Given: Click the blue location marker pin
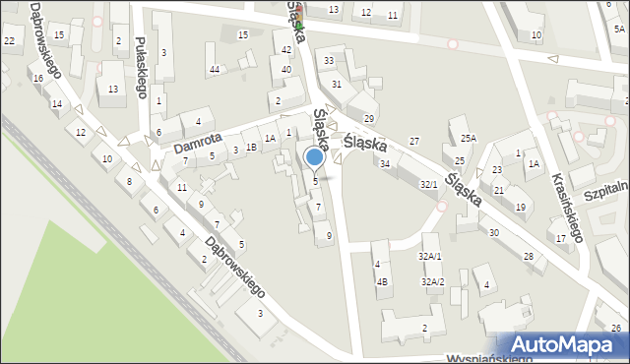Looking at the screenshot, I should (315, 157).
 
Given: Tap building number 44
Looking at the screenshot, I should (215, 69).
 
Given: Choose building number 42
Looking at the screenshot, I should (286, 49).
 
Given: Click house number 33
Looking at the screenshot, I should (329, 61).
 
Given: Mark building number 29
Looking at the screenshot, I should (369, 118).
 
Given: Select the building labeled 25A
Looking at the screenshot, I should (468, 139).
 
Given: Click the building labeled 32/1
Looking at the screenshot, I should (429, 184).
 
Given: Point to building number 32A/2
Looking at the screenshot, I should (433, 281).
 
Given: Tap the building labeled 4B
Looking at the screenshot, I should (382, 281).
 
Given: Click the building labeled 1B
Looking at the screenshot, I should (252, 148).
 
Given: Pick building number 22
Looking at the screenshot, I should (9, 39).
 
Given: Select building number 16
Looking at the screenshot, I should (37, 78).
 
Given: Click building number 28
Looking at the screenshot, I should (529, 256).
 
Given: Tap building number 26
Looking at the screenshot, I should (615, 327).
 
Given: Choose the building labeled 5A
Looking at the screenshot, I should (619, 30).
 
